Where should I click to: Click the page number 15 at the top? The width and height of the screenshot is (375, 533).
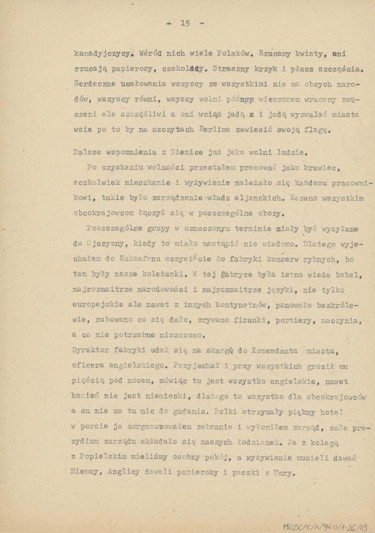coord(185,23)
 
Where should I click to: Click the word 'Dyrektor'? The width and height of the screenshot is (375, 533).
coord(90,351)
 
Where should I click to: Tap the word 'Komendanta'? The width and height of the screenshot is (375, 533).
coord(275,351)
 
